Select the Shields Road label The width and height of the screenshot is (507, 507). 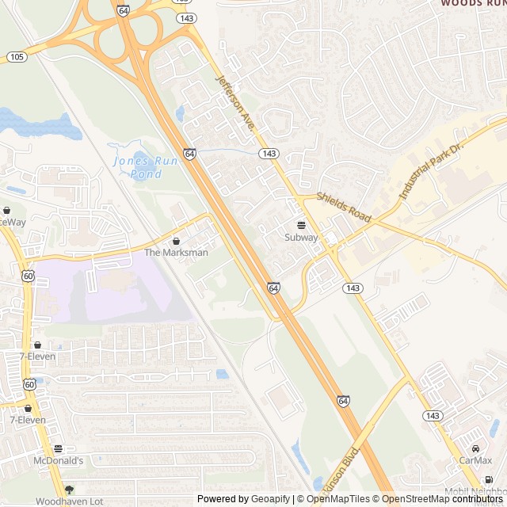click(x=344, y=206)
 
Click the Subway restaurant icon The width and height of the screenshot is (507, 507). click(x=301, y=225)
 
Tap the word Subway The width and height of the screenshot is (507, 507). click(x=301, y=237)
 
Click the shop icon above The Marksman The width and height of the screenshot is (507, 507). click(x=176, y=241)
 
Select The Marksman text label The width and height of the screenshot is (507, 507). click(x=176, y=253)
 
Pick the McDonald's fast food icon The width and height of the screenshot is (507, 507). click(x=59, y=448)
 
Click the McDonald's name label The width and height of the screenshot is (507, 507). click(x=59, y=460)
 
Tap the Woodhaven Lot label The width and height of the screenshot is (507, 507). click(x=69, y=501)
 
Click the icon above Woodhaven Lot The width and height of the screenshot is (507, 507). click(x=69, y=490)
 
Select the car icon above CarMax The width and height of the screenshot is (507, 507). click(x=475, y=448)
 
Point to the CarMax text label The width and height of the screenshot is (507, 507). click(x=475, y=460)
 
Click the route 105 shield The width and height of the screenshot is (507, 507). click(x=17, y=56)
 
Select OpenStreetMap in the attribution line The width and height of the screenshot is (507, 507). click(x=417, y=499)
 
